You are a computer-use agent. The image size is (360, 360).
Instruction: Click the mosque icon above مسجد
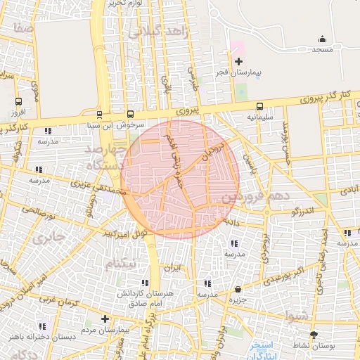323,39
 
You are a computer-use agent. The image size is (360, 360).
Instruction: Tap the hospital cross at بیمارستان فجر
238,61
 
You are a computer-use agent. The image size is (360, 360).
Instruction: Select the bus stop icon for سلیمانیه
260,106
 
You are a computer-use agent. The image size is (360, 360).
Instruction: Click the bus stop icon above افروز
19,101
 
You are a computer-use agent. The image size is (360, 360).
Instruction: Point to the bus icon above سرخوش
130,115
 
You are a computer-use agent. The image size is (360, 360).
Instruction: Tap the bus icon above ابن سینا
98,115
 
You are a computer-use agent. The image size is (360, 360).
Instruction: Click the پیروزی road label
188,110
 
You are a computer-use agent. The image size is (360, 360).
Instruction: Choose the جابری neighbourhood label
48,236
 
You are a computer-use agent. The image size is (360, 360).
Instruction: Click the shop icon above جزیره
238,290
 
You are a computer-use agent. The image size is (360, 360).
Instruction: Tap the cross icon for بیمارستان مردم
105,319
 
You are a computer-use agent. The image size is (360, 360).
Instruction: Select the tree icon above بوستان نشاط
314,335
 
